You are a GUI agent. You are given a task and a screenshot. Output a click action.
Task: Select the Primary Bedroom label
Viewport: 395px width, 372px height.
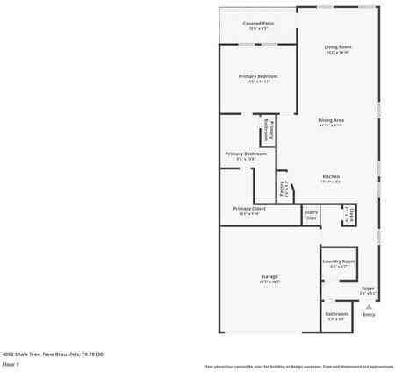click(258, 76)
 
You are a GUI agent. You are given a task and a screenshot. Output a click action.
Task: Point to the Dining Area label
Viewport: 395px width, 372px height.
click(331, 119)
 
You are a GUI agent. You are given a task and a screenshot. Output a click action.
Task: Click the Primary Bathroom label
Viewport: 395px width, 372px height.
click(246, 154)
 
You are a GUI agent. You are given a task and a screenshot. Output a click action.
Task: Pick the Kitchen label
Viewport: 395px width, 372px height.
click(331, 176)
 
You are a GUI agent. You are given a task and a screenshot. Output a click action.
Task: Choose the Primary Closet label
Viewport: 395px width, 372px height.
click(248, 208)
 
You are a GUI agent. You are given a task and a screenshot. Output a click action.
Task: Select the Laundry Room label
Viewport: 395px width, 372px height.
click(338, 261)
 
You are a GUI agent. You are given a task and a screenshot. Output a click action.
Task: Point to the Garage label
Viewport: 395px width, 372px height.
click(269, 277)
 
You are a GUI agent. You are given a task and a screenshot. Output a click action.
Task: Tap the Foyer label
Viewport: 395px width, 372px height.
click(368, 288)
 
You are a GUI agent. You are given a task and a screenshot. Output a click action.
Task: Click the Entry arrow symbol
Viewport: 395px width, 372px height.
click(369, 306)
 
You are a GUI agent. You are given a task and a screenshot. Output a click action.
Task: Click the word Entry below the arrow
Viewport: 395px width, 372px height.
click(369, 314)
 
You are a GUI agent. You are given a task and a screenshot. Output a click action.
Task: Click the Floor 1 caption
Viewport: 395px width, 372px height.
click(11, 363)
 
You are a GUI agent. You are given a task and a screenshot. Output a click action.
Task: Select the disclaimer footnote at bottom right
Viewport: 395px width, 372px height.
click(298, 366)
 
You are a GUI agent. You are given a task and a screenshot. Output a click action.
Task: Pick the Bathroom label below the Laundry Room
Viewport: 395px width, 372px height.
click(336, 313)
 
